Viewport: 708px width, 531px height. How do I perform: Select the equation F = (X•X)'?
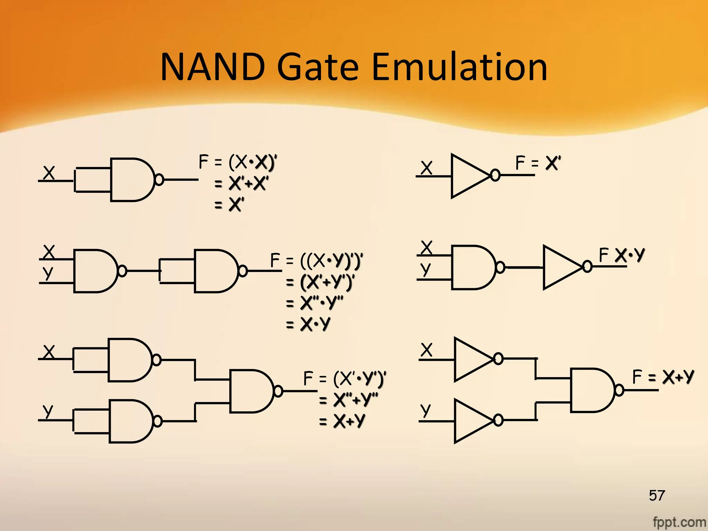tap(238, 162)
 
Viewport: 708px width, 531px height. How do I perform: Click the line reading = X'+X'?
tap(241, 183)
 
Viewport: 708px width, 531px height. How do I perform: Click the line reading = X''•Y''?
tap(315, 303)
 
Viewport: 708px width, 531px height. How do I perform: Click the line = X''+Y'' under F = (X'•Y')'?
tap(348, 400)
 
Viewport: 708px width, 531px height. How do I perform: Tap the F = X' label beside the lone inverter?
tap(538, 163)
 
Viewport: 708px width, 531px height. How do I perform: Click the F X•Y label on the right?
tap(622, 255)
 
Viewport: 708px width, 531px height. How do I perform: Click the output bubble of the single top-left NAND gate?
tap(159, 180)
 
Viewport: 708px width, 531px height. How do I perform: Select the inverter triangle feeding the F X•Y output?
tap(560, 267)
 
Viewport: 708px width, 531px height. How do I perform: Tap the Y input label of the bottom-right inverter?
tap(426, 410)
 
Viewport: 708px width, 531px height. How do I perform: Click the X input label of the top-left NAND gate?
tap(49, 173)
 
